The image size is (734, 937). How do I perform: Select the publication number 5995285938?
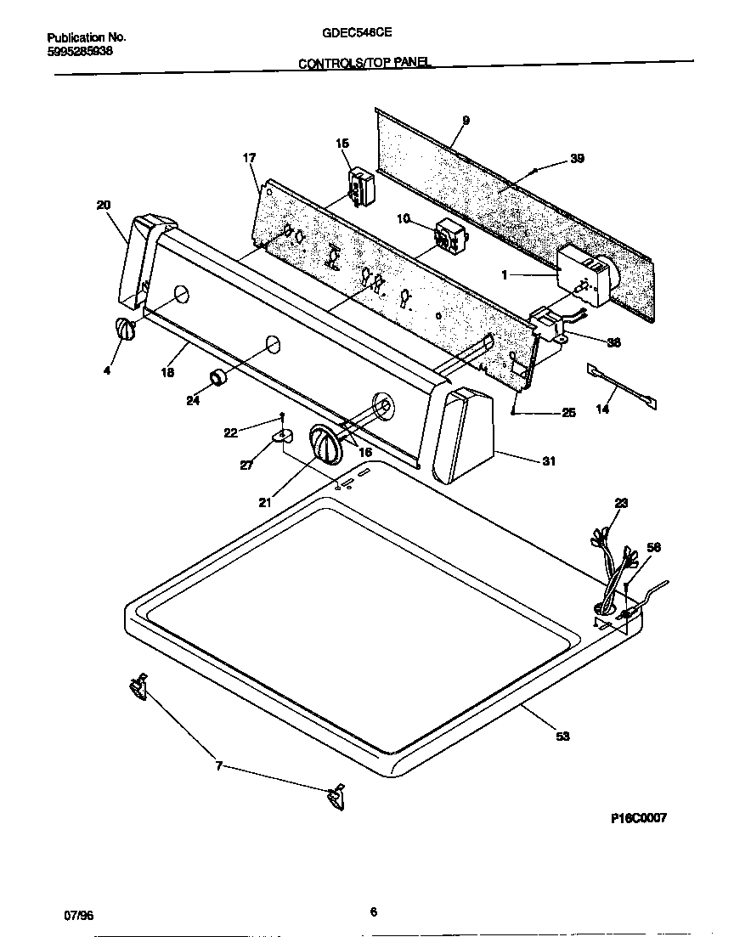pyautogui.click(x=80, y=52)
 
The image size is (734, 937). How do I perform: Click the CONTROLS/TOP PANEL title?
pyautogui.click(x=364, y=63)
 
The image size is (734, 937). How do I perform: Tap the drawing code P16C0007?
pyautogui.click(x=639, y=818)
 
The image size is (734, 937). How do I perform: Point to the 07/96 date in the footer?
pyautogui.click(x=79, y=916)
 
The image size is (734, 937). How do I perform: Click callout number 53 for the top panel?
pyautogui.click(x=562, y=736)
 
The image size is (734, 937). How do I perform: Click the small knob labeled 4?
pyautogui.click(x=124, y=330)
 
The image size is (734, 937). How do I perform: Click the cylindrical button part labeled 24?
pyautogui.click(x=219, y=378)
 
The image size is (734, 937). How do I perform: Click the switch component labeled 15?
pyautogui.click(x=363, y=186)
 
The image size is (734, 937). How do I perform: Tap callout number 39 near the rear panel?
pyautogui.click(x=577, y=159)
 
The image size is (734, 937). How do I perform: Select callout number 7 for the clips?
pyautogui.click(x=218, y=766)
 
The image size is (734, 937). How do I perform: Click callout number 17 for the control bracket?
pyautogui.click(x=249, y=158)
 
